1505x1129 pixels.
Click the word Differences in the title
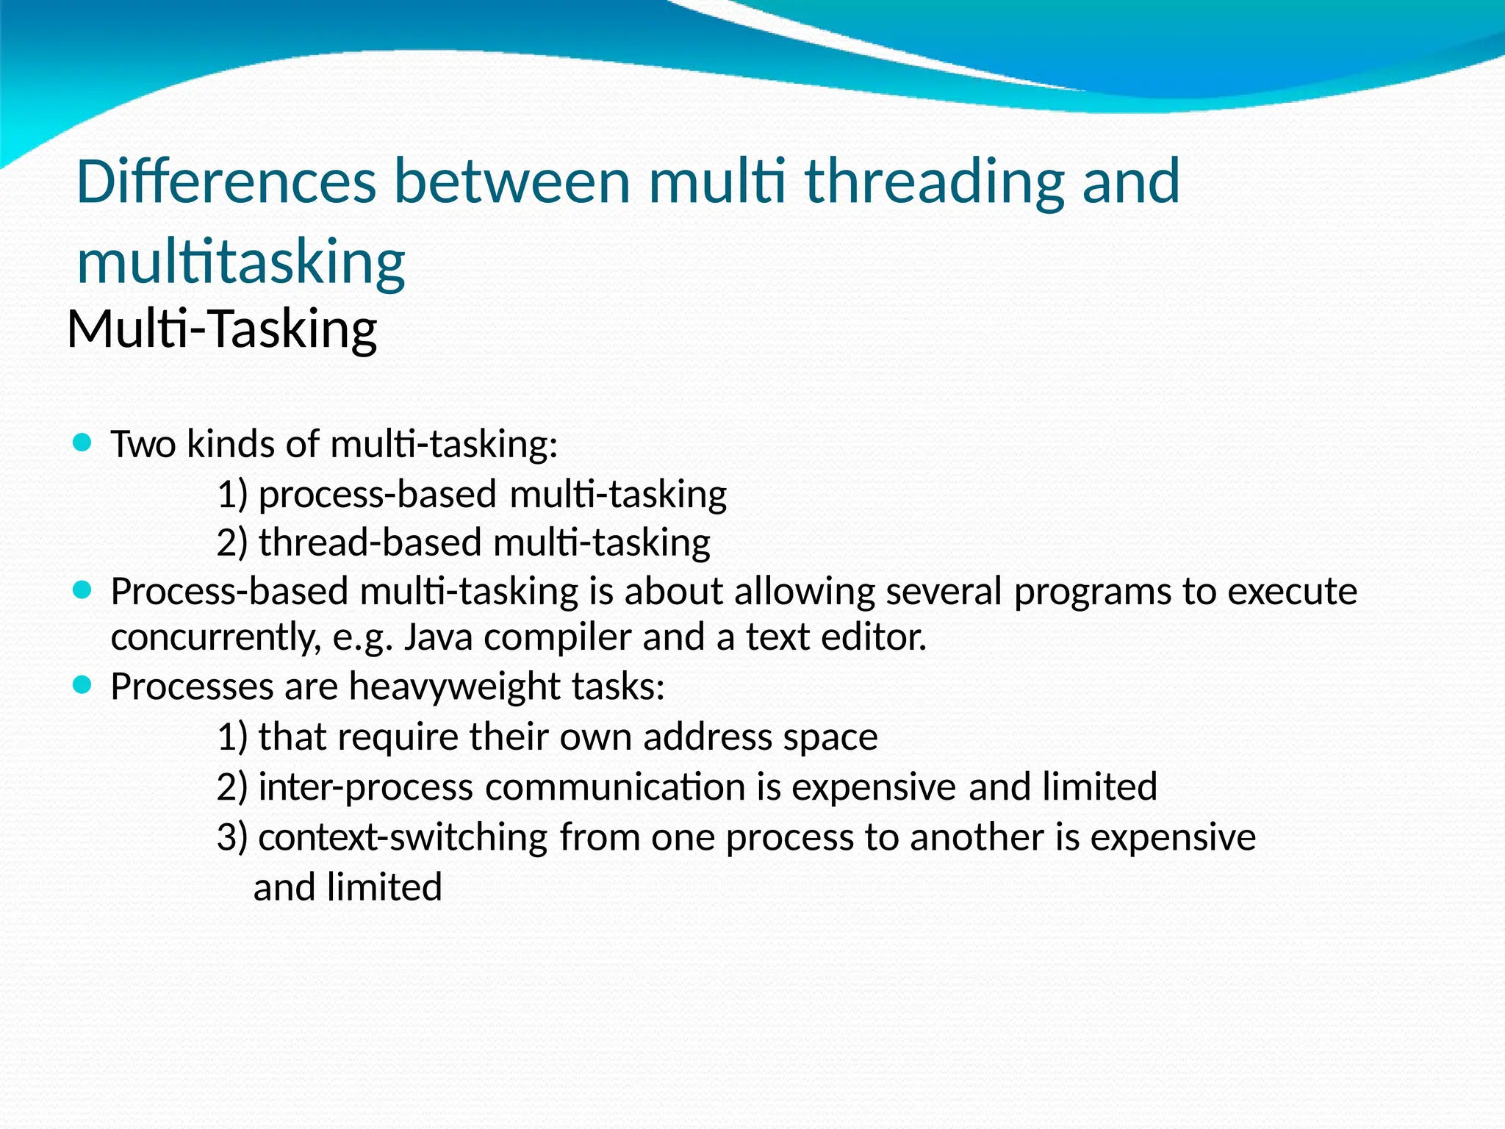226,182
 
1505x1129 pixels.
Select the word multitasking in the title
241,262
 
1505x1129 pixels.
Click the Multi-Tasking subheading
222,329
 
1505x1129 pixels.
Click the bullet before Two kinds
82,442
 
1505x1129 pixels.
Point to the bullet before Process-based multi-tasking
82,589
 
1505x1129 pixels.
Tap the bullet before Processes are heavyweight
82,685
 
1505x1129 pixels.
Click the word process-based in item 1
378,495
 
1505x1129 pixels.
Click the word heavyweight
455,687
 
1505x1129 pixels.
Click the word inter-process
365,787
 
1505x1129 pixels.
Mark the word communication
615,787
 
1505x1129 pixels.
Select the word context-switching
403,838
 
